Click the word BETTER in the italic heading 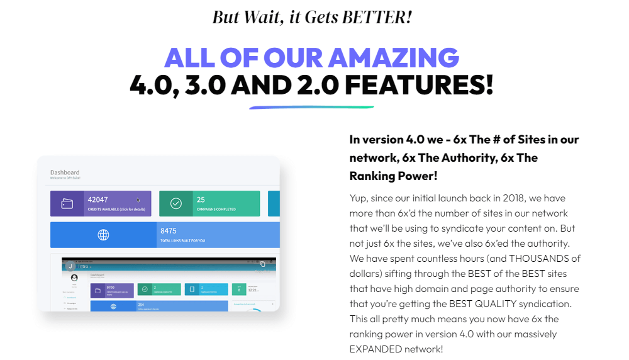click(x=376, y=16)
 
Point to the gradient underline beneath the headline click(x=311, y=107)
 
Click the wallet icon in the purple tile click(x=67, y=204)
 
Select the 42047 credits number click(x=98, y=200)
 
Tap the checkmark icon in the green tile click(x=176, y=204)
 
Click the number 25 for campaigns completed click(x=201, y=200)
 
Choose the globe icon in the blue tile click(x=104, y=235)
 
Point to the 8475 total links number click(x=169, y=231)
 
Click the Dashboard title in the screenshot click(x=65, y=172)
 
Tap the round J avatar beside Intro click(x=70, y=266)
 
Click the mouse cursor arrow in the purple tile click(x=138, y=200)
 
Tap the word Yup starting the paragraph click(x=359, y=198)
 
